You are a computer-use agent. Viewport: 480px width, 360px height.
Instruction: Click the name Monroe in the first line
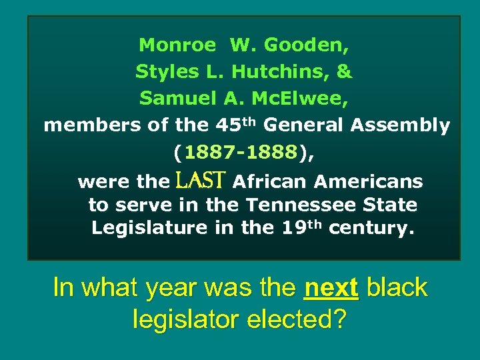point(177,46)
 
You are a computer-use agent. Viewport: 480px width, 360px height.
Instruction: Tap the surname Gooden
point(307,46)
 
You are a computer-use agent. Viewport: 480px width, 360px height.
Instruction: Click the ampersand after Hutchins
point(345,72)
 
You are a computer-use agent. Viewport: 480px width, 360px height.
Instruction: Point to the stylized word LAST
point(201,180)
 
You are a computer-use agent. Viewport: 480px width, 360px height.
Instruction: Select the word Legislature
point(149,228)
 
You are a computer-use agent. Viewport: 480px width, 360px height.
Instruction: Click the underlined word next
point(331,288)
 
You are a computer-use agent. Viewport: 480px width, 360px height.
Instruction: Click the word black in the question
point(397,288)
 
